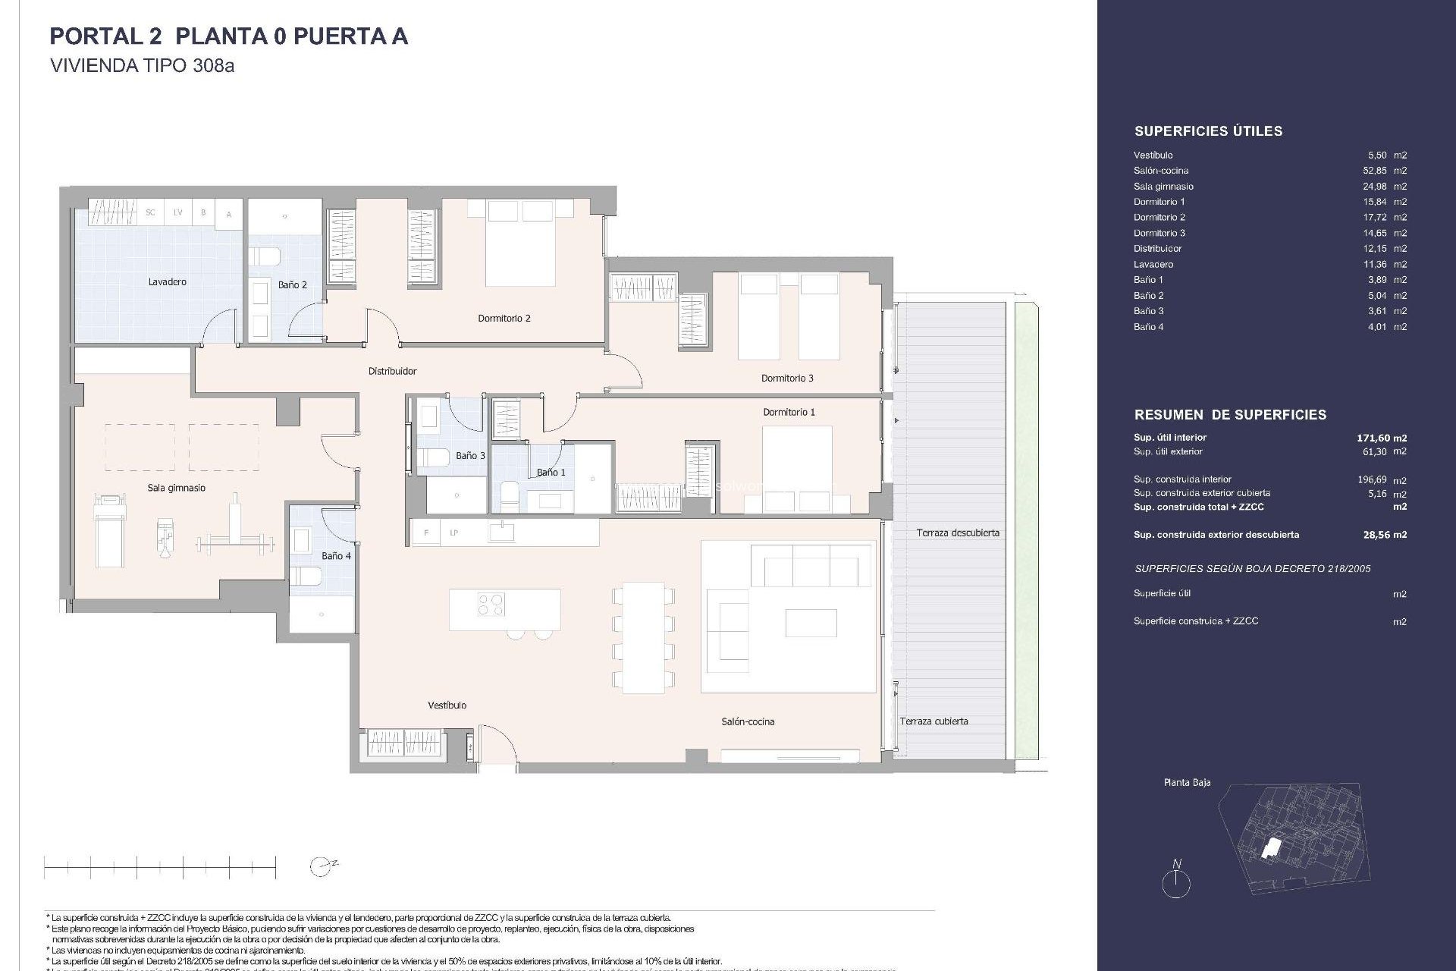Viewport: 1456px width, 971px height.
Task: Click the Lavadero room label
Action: (x=167, y=281)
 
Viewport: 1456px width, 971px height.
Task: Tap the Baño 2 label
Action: (x=292, y=284)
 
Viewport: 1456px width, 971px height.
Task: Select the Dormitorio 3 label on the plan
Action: (x=787, y=378)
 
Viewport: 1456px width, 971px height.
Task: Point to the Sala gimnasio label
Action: (x=176, y=488)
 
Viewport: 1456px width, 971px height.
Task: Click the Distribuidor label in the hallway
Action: (x=392, y=371)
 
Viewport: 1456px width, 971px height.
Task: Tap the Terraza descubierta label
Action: (x=957, y=533)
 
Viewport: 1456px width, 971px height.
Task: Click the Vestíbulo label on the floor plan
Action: (x=447, y=705)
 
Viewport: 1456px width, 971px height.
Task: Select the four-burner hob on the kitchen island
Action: (x=491, y=605)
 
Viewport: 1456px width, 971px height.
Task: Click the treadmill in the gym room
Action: (x=109, y=530)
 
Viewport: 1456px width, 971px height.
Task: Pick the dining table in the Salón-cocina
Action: (x=643, y=637)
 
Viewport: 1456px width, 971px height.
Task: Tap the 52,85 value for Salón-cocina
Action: (x=1375, y=171)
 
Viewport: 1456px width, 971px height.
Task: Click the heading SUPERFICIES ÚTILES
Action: (x=1208, y=131)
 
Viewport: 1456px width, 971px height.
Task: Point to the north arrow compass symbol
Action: (x=1176, y=881)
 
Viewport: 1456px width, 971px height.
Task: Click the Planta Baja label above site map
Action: (x=1187, y=782)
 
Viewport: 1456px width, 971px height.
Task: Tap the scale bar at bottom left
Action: (x=160, y=866)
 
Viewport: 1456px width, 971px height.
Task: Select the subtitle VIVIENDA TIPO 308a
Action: (x=142, y=65)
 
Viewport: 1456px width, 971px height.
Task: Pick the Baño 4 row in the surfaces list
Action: (x=1269, y=327)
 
